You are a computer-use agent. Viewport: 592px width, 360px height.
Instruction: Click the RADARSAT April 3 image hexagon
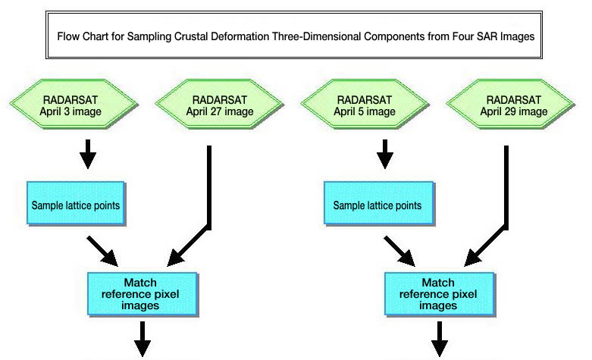tap(74, 104)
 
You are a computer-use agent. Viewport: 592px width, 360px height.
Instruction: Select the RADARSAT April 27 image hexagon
tap(219, 104)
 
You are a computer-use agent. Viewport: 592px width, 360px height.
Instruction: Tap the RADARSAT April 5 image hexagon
tap(365, 104)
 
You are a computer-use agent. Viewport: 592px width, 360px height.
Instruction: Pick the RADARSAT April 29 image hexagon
tap(510, 104)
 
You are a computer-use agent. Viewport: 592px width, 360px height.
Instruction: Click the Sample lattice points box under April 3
tap(76, 203)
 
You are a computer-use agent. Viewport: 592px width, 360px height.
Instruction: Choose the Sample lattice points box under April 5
tap(379, 203)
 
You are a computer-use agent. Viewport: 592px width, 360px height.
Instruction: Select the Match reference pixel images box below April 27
tap(143, 294)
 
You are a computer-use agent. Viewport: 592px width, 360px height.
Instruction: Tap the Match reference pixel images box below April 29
tap(440, 294)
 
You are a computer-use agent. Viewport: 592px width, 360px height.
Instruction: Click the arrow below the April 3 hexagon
tap(88, 154)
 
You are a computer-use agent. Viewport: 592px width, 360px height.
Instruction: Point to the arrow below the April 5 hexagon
tap(385, 154)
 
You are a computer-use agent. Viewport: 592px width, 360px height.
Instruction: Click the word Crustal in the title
tap(191, 36)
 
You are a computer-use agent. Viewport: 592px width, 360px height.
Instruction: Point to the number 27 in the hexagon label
tap(215, 111)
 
